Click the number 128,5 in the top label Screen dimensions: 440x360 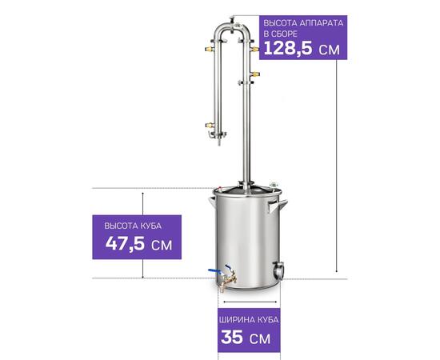(x=288, y=48)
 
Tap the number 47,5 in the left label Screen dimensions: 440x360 (x=125, y=243)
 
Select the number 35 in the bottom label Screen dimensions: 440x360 (x=232, y=337)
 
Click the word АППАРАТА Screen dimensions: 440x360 (x=321, y=23)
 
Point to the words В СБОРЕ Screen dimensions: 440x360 (x=280, y=34)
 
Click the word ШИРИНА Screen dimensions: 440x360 (x=237, y=319)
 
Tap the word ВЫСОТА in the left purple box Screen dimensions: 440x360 (x=118, y=226)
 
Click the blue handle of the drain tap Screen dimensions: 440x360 (x=215, y=271)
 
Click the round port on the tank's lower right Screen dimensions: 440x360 (x=278, y=270)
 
